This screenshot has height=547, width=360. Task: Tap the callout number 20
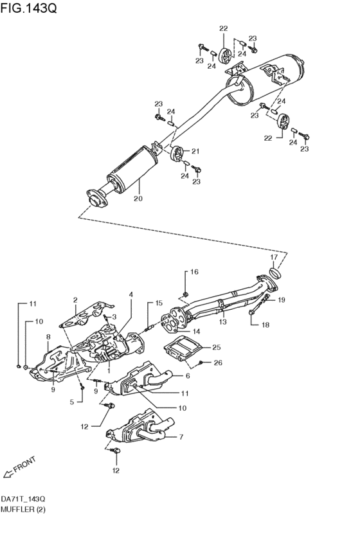[x=138, y=199]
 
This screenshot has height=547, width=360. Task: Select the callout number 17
[x=273, y=257]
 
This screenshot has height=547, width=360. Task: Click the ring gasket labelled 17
[x=274, y=274]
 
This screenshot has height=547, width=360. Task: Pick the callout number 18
[x=265, y=325]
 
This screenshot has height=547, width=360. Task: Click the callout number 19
[x=282, y=300]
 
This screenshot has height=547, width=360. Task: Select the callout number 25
[x=216, y=347]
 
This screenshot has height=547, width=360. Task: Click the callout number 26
[x=217, y=363]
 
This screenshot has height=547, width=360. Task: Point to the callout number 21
[x=195, y=152]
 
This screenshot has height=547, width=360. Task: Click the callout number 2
[x=75, y=300]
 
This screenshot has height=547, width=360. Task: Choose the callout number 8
[x=48, y=336]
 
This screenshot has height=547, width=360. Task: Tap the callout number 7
[x=181, y=437]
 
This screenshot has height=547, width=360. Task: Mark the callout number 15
[x=159, y=303]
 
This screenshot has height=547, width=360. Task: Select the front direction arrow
[x=8, y=474]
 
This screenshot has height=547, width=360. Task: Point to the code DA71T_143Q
[x=23, y=499]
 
